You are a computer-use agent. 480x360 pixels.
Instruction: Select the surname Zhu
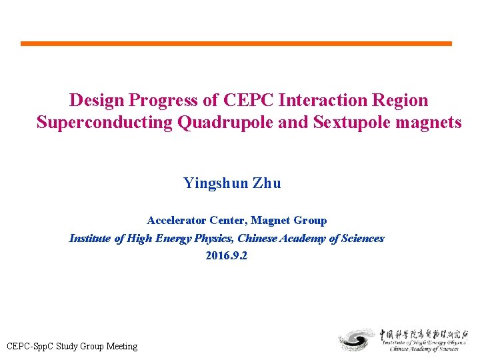click(267, 183)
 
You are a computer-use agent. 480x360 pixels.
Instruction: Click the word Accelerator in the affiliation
click(177, 220)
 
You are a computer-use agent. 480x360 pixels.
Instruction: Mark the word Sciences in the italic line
click(362, 238)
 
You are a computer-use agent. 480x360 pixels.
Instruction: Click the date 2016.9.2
click(227, 256)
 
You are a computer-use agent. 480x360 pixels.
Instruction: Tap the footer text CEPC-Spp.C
click(30, 346)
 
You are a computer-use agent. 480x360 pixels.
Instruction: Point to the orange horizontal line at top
click(236, 44)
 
